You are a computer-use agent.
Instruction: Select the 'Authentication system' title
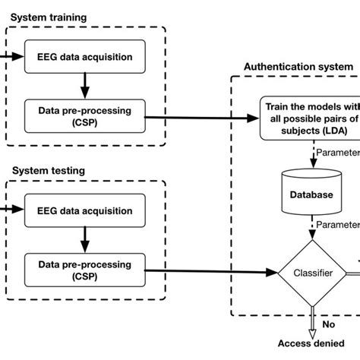298,67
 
